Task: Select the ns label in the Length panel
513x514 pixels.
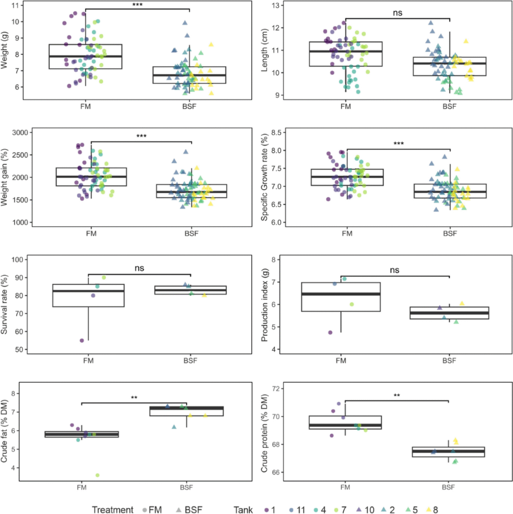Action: pyautogui.click(x=398, y=13)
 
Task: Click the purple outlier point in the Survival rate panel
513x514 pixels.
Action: pyautogui.click(x=82, y=340)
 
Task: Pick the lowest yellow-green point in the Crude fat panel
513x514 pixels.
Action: pyautogui.click(x=97, y=475)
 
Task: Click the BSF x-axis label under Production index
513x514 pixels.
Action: pyautogui.click(x=450, y=360)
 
